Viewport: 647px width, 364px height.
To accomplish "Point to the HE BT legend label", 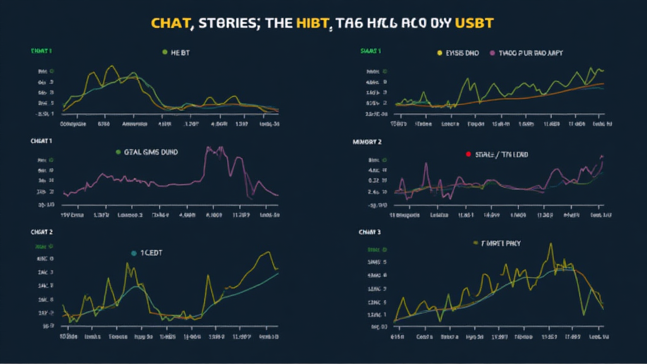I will click(181, 52).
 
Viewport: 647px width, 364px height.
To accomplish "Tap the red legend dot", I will click(468, 154).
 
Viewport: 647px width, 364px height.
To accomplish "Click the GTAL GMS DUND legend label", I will click(152, 153).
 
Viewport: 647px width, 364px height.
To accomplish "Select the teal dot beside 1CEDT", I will click(133, 253).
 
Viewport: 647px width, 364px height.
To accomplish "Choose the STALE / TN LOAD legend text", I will click(502, 154).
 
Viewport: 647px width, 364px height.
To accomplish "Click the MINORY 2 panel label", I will click(367, 142).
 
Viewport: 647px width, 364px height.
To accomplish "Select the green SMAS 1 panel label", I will click(370, 51).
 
